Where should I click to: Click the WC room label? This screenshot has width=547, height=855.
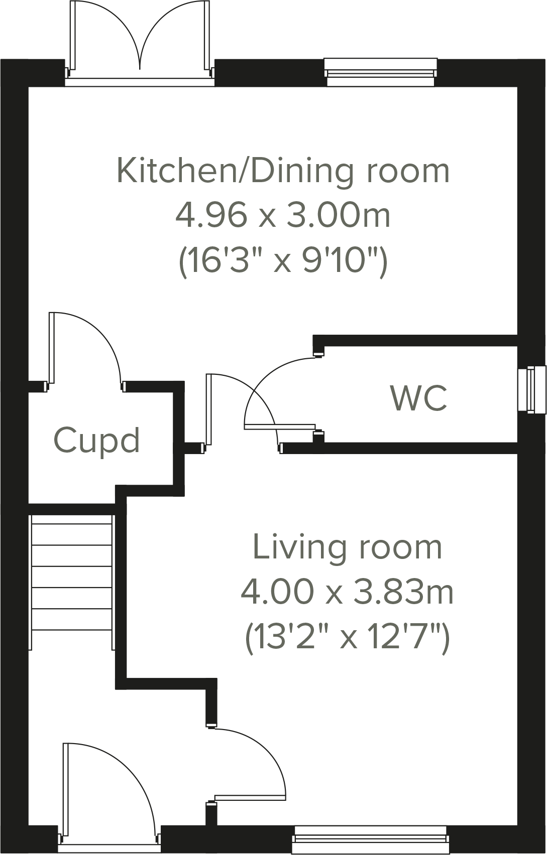coord(418,399)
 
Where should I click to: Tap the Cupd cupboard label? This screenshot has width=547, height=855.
coord(96,441)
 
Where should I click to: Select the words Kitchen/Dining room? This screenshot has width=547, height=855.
coord(282,171)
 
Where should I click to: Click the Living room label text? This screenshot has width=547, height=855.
coord(347,547)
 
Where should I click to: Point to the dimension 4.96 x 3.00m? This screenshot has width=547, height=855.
coord(282,216)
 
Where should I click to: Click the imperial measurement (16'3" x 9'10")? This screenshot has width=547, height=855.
coord(282,261)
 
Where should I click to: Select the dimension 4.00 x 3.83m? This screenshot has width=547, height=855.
coord(347,592)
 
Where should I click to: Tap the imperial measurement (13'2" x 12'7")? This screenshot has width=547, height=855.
coord(347,637)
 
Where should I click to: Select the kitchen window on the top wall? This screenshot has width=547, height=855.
coord(380,71)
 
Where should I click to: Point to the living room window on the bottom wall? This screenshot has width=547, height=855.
coord(371,839)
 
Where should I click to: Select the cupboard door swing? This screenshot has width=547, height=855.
coord(85,346)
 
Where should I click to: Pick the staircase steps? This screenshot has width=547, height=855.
coord(71,577)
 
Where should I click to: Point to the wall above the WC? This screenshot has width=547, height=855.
coord(417,341)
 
